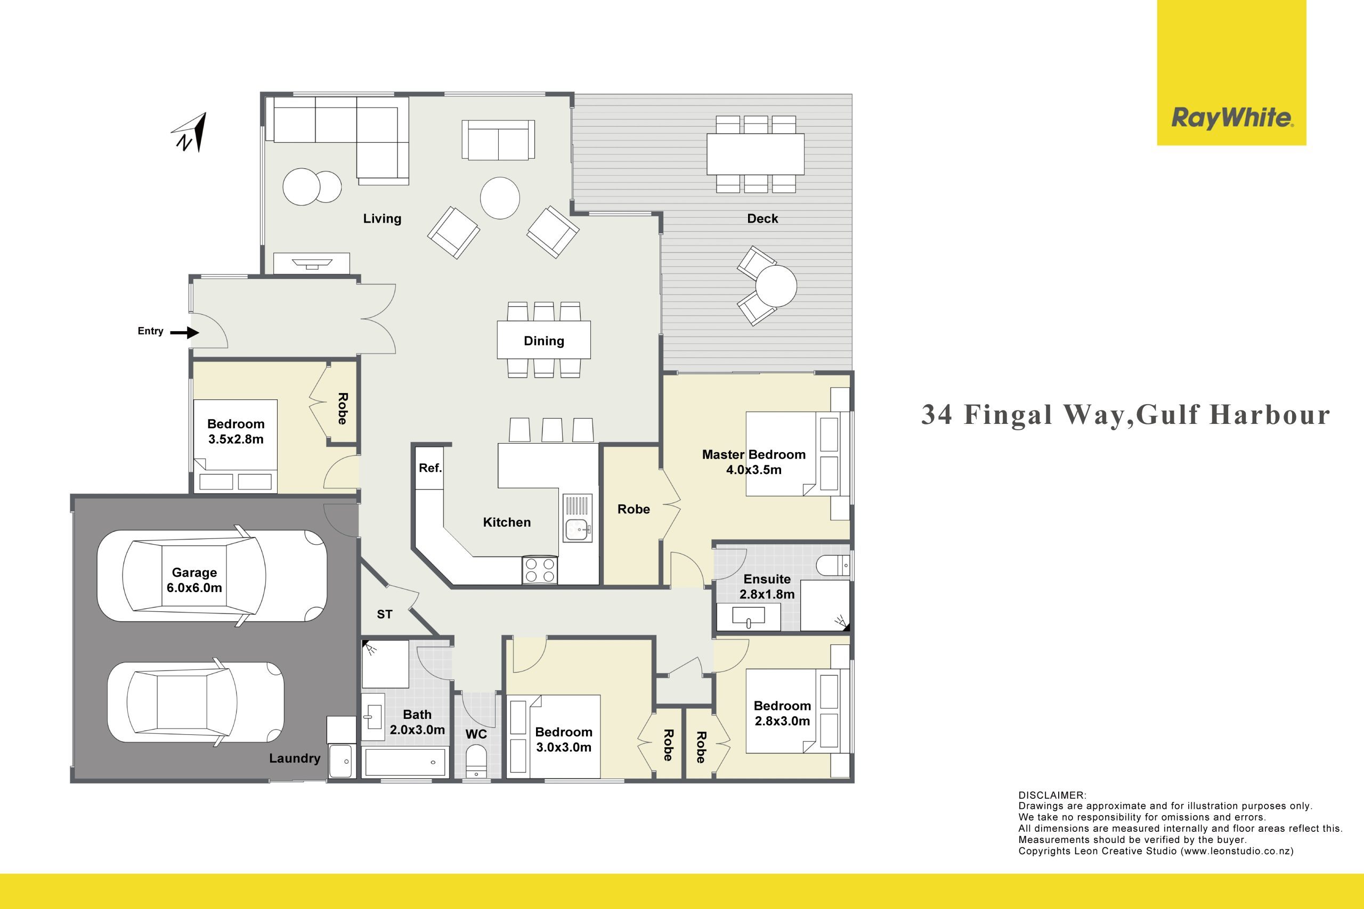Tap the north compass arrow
pos(190,133)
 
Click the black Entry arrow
pos(185,333)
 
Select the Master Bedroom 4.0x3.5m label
pos(753,462)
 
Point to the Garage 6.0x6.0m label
pos(194,580)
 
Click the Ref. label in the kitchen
pos(431,468)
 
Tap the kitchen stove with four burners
pos(539,570)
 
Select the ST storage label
pos(385,614)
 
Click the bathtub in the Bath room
pos(405,761)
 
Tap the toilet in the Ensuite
pos(833,565)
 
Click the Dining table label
pos(543,341)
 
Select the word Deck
pos(762,218)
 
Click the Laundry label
pos(295,758)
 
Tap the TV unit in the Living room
pos(311,263)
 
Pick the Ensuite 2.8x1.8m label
pos(767,587)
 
